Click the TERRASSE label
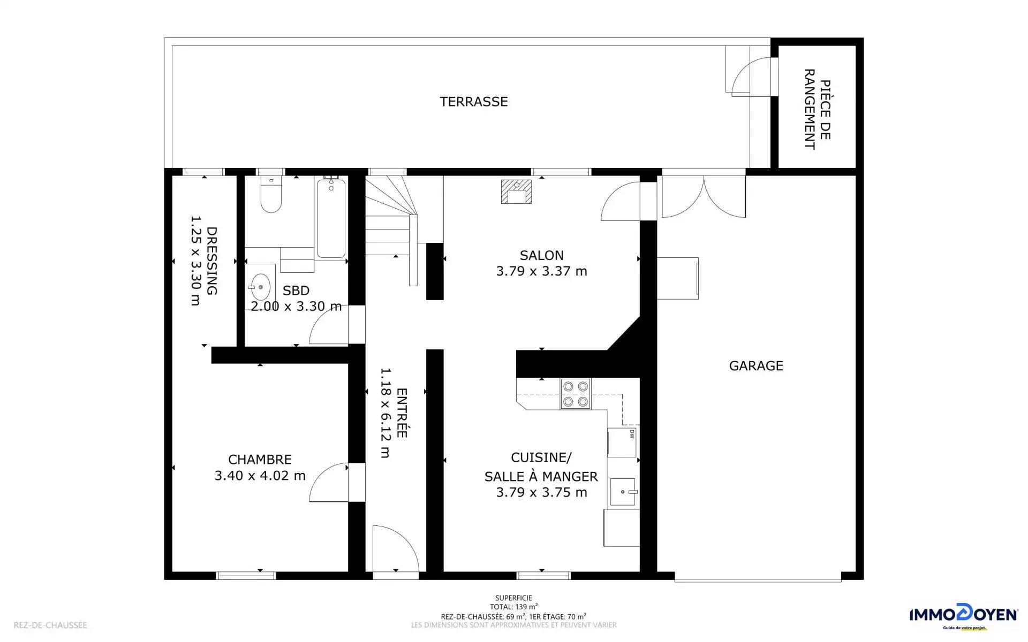pyautogui.click(x=474, y=102)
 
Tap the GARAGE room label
pyautogui.click(x=756, y=366)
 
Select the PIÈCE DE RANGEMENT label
pyautogui.click(x=818, y=109)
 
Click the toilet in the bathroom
pyautogui.click(x=271, y=194)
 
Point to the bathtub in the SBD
pyautogui.click(x=331, y=218)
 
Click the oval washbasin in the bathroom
pyautogui.click(x=261, y=287)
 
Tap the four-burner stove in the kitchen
pyautogui.click(x=576, y=394)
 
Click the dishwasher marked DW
pyautogui.click(x=622, y=442)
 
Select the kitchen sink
pyautogui.click(x=623, y=492)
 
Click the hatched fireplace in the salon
pyautogui.click(x=516, y=192)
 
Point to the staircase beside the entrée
pyautogui.click(x=391, y=225)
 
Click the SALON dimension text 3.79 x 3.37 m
pyautogui.click(x=542, y=271)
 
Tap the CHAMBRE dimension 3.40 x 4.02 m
pyautogui.click(x=260, y=476)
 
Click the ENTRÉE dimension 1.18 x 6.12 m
pyautogui.click(x=385, y=412)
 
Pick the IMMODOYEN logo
pyautogui.click(x=963, y=616)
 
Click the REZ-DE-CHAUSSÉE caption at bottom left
pyautogui.click(x=50, y=625)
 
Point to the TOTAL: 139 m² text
pyautogui.click(x=513, y=607)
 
